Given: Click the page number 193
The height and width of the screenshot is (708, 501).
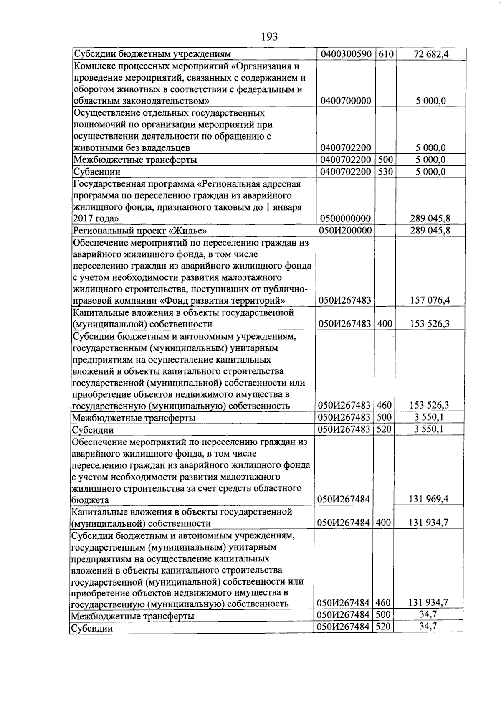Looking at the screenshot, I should (269, 37).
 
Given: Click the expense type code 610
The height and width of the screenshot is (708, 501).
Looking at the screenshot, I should (386, 54).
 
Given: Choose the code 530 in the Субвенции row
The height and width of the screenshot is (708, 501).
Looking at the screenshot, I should (386, 171).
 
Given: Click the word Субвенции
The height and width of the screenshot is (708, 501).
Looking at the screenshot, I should (97, 172).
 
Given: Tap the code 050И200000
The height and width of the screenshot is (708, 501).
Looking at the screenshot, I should (345, 230).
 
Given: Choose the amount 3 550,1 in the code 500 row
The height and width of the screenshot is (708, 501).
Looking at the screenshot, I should (429, 417).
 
